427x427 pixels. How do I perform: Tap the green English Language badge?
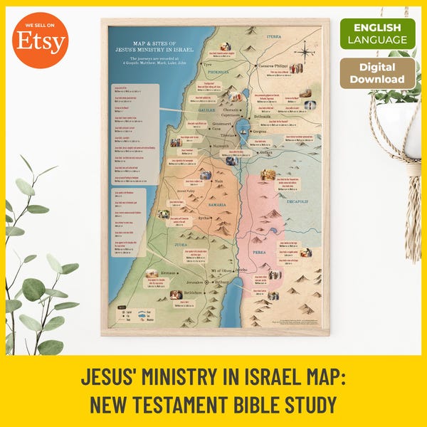point(377,33)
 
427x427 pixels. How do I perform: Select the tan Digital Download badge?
point(377,73)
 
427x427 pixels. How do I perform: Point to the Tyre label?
point(209,83)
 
